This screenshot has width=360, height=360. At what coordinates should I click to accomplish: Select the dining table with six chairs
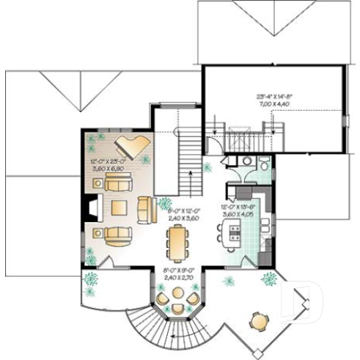[x=176, y=243]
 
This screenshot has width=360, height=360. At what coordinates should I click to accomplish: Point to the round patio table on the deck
[x=258, y=320]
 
